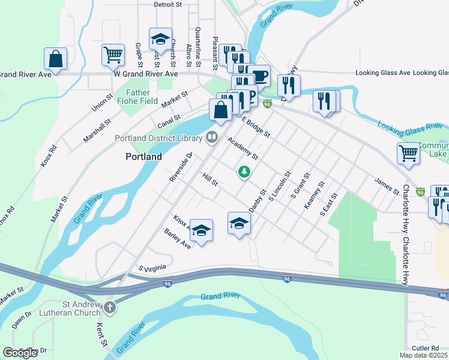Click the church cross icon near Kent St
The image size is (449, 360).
109,308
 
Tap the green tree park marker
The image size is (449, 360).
244,172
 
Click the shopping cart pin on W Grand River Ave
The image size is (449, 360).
113,55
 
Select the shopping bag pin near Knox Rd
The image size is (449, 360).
55,59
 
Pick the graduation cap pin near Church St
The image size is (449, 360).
160,39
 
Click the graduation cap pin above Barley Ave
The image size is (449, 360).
202,230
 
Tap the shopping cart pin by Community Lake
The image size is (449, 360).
408,153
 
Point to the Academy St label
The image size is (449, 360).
243,148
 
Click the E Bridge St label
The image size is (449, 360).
256,127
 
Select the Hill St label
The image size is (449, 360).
209,178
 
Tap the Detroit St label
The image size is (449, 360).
168,4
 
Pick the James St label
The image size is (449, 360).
387,185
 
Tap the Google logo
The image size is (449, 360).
20,352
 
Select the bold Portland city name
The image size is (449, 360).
143,157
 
